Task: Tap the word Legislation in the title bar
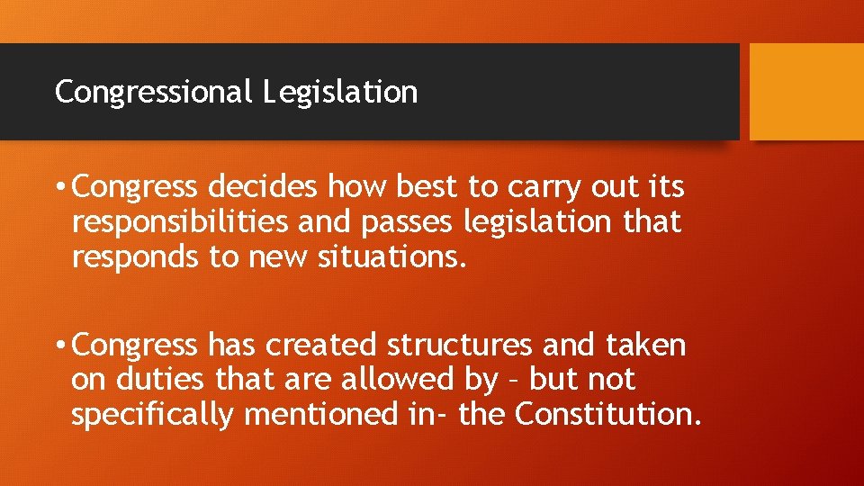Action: [x=341, y=92]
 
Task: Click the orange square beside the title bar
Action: [x=806, y=92]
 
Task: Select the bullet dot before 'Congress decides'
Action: [x=58, y=188]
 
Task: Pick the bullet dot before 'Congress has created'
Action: [x=58, y=346]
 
